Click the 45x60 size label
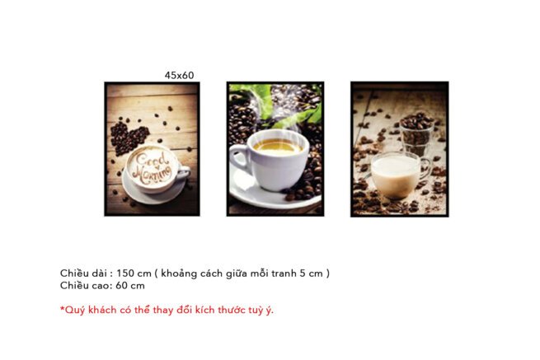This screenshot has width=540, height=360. point(179,75)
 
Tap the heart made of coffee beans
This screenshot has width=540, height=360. point(129,138)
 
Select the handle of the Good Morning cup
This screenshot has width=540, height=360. point(184,171)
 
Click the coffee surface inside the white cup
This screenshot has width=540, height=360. point(278,146)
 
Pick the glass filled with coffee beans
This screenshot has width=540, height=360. point(416,135)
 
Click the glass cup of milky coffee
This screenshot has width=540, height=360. point(396,175)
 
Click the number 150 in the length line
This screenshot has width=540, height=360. point(125,274)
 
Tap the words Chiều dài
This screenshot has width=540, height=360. point(83,274)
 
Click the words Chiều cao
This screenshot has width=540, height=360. point(85,285)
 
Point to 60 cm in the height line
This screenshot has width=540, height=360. point(130,285)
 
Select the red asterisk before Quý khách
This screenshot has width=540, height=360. point(63,307)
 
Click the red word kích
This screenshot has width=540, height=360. point(205,310)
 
